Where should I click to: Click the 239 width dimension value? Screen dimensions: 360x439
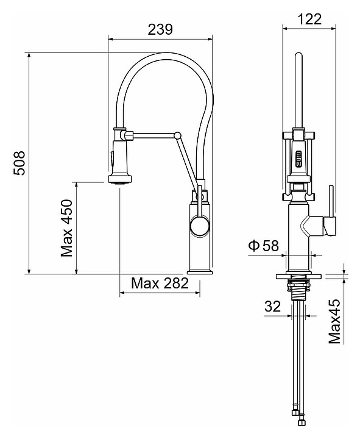[x=160, y=29]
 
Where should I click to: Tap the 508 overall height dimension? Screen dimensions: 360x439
[x=19, y=163]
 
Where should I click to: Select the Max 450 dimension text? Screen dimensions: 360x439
[x=66, y=228]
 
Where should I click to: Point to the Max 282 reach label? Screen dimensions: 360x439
[x=160, y=283]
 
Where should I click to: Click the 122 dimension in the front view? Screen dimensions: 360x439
[x=309, y=20]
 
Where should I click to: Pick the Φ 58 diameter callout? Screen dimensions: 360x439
[x=264, y=246]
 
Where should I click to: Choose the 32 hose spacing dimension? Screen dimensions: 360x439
[x=272, y=306]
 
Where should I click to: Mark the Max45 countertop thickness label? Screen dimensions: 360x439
[x=334, y=321]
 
